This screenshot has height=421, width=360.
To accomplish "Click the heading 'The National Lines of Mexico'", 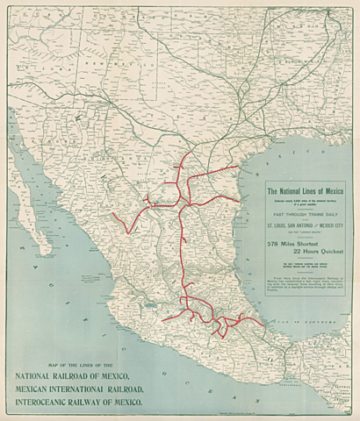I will click(306, 190).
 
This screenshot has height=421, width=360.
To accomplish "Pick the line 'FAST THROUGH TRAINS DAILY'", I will click(306, 212).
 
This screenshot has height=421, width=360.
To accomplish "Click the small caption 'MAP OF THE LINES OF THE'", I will click(69, 363).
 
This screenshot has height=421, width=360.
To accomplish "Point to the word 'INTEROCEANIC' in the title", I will click(50, 403).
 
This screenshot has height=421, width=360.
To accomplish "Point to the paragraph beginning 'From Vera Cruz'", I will click(306, 283).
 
